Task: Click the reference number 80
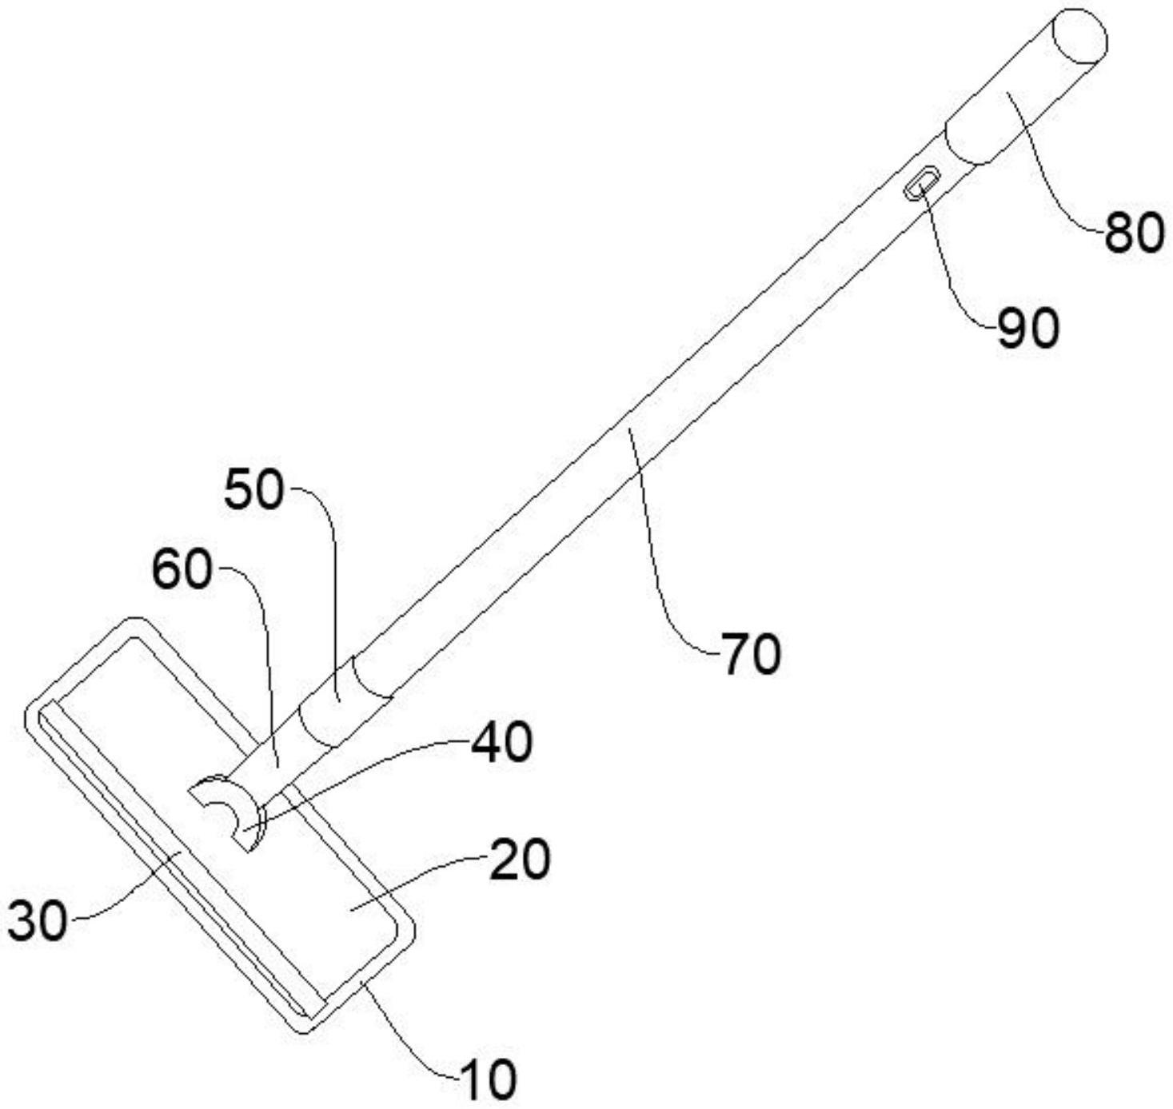coord(1133,234)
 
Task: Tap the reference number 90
coord(1027,328)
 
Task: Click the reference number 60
coord(182,571)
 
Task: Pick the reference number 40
coord(501,741)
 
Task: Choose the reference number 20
coord(520,860)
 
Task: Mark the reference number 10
coord(488,1079)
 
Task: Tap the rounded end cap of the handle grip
coord(1079,36)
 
